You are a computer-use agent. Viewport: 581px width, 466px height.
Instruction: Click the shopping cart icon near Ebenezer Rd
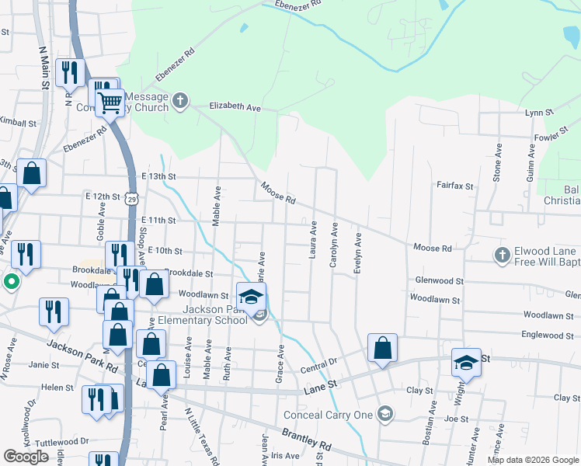coord(110,102)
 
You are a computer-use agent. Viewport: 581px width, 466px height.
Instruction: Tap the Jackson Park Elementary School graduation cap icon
coord(251,297)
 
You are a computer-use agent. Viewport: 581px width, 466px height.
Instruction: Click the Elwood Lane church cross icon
coord(501,254)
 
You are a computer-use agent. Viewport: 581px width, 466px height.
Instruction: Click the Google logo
coord(26,457)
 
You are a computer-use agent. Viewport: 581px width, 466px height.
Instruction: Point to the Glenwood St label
coord(439,281)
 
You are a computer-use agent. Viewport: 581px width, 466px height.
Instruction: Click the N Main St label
coord(43,65)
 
